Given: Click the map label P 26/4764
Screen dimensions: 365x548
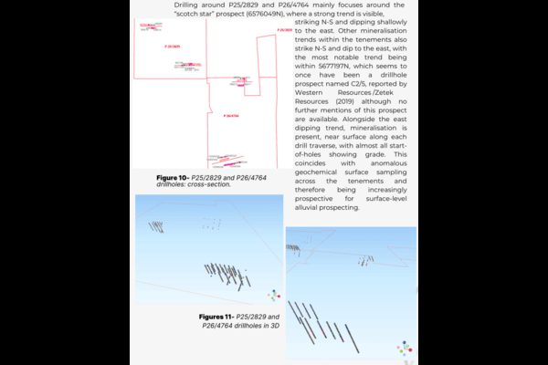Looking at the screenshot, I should pos(231,116).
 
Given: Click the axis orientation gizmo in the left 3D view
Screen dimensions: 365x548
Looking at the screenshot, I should pos(272,295).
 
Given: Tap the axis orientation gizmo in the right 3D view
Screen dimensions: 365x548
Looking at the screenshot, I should pos(404,349).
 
